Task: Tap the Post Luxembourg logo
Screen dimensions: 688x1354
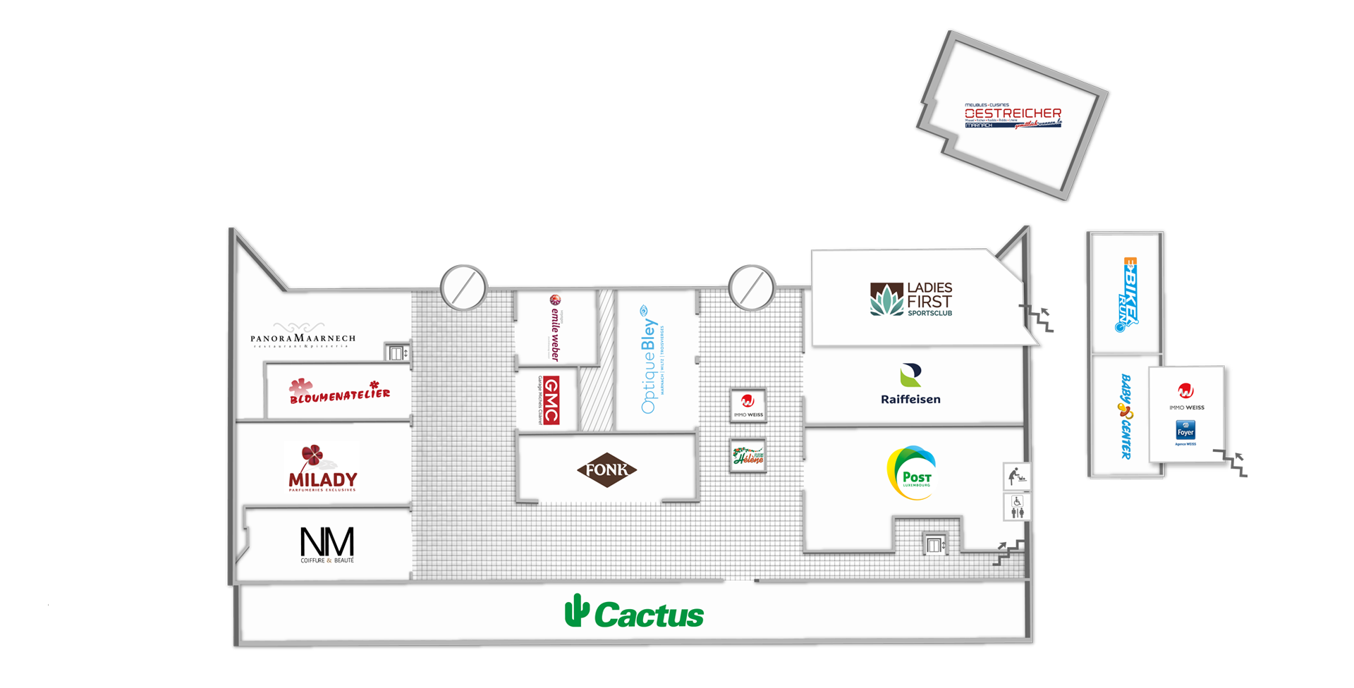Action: click(x=911, y=472)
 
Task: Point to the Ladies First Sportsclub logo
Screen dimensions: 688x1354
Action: click(x=911, y=300)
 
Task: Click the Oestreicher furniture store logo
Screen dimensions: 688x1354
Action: click(x=1013, y=116)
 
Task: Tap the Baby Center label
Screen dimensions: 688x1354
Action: click(x=1126, y=416)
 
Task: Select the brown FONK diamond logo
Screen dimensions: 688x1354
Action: click(x=606, y=469)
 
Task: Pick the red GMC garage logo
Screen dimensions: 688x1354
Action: click(x=551, y=400)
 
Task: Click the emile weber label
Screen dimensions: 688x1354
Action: click(x=555, y=328)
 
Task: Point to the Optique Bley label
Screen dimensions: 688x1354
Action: click(x=649, y=360)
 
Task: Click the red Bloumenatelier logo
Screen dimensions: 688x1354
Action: click(x=339, y=392)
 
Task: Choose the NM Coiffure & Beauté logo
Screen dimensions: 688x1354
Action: click(x=327, y=545)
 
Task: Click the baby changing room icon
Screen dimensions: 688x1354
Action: click(x=1016, y=477)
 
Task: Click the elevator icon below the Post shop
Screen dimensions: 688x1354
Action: click(x=934, y=545)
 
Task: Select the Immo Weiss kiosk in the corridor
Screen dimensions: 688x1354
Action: click(x=748, y=405)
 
